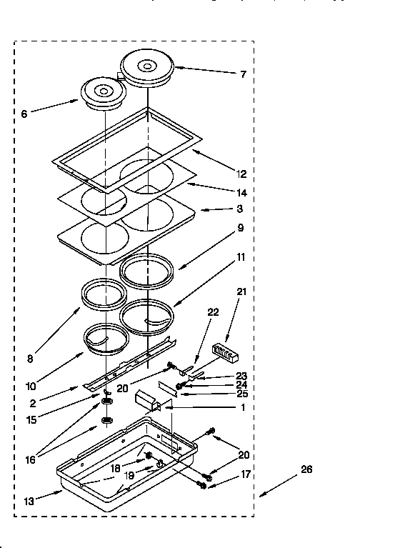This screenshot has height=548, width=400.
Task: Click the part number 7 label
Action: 243,74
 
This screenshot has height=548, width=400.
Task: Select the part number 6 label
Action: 24,114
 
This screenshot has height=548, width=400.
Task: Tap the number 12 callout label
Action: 241,174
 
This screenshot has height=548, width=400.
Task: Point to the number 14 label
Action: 241,193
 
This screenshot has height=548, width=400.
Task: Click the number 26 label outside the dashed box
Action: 306,469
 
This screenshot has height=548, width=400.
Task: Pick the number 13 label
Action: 28,502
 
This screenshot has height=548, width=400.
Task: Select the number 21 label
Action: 241,291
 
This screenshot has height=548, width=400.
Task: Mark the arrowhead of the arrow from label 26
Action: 260,494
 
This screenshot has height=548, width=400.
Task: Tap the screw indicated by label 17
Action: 202,485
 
